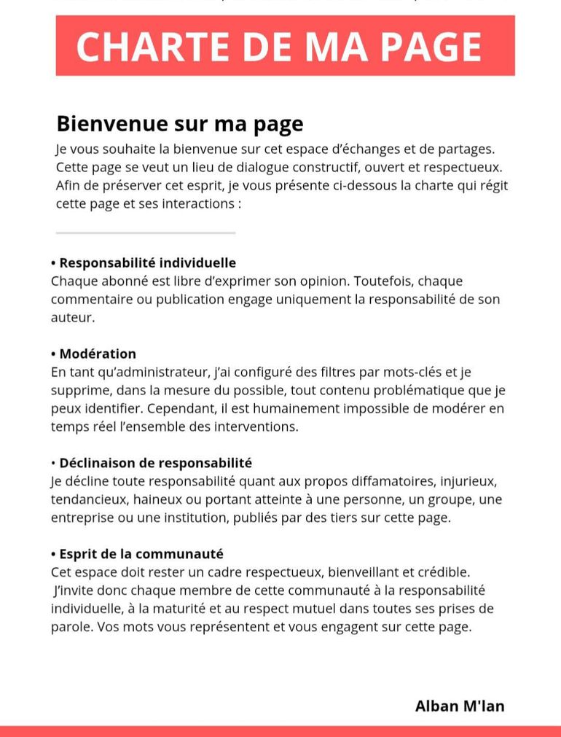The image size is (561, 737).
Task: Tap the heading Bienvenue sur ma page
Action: (179, 123)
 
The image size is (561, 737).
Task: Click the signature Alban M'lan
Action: (459, 705)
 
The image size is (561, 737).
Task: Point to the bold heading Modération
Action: (98, 354)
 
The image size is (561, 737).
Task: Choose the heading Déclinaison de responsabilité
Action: (155, 463)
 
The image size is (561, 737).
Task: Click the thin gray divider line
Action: (146, 233)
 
